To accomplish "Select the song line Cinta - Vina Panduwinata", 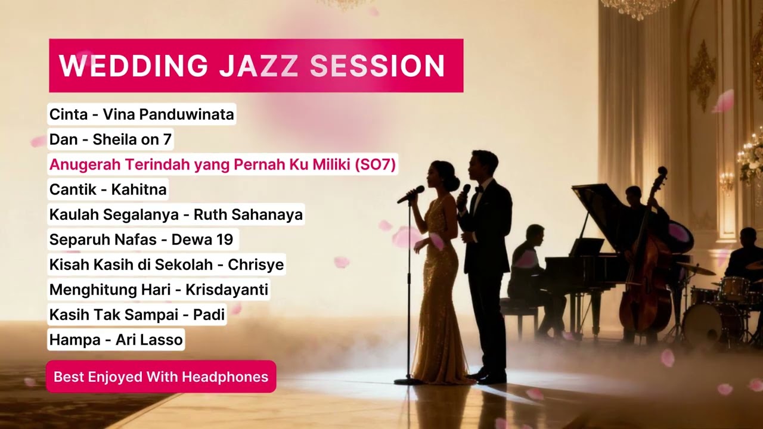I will pyautogui.click(x=141, y=114).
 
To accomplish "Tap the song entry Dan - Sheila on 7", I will pyautogui.click(x=110, y=139).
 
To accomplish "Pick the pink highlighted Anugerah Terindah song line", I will pyautogui.click(x=222, y=164).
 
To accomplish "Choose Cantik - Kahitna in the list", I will pyautogui.click(x=108, y=189).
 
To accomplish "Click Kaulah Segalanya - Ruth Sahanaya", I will pyautogui.click(x=176, y=214).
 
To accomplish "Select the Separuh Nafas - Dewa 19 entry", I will pyautogui.click(x=143, y=240).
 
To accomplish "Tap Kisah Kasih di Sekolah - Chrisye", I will pyautogui.click(x=166, y=265).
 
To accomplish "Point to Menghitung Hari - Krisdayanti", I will pyautogui.click(x=159, y=290).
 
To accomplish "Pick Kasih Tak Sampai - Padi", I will pyautogui.click(x=137, y=315).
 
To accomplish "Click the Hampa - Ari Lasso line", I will pyautogui.click(x=116, y=340).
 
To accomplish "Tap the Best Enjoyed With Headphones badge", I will pyautogui.click(x=161, y=377).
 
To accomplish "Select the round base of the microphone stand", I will pyautogui.click(x=409, y=381).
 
